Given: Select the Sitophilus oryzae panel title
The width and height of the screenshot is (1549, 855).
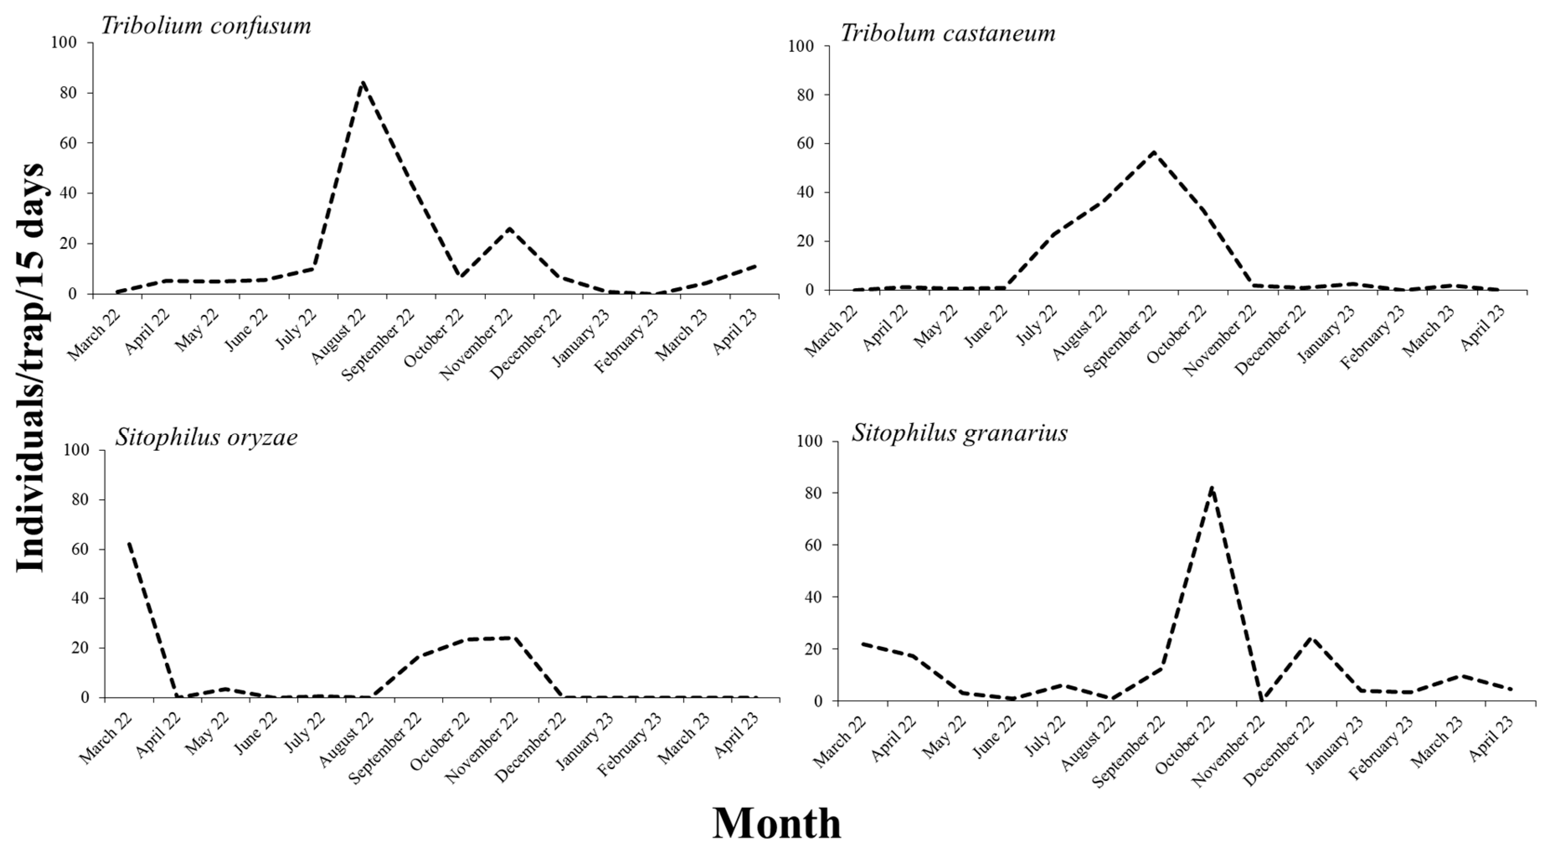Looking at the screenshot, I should (x=206, y=437).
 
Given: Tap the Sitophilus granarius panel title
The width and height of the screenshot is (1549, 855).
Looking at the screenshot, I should (x=959, y=433).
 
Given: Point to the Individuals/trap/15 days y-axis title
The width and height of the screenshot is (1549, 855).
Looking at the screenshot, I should (x=30, y=367).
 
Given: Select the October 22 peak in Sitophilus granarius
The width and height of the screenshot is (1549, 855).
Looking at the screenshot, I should (x=1212, y=487).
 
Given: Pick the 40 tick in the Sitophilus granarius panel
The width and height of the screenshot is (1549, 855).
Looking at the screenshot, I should (x=812, y=597).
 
